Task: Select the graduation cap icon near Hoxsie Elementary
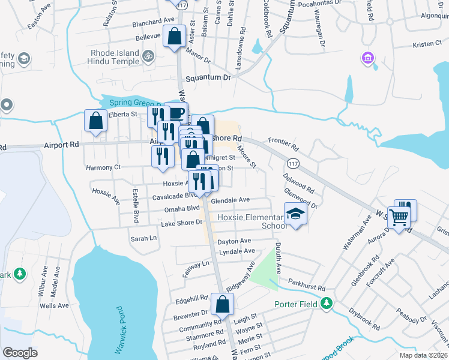(295, 214)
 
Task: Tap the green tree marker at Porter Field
(327, 303)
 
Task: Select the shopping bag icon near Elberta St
(96, 121)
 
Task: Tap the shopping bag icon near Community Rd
(222, 305)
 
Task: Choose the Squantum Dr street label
(208, 78)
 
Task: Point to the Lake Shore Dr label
(182, 223)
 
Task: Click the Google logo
(20, 353)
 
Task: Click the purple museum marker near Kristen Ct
(367, 59)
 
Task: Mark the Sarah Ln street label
(143, 238)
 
